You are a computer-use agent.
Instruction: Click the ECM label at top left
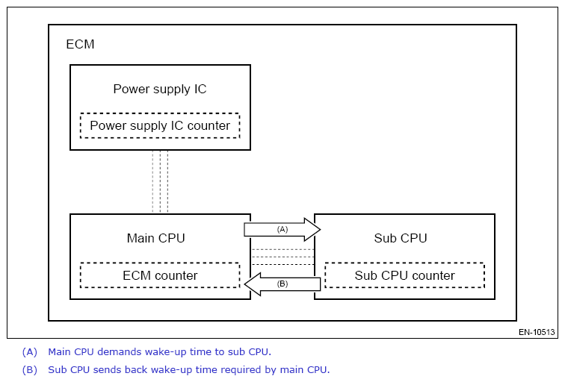point(81,44)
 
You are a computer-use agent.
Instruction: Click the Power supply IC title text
point(159,90)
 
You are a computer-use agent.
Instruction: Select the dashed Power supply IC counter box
point(160,125)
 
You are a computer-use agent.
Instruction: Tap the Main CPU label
point(155,239)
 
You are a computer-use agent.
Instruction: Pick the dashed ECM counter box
point(160,275)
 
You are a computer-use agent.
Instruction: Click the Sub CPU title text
point(400,239)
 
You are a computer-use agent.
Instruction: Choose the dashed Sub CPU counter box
point(404,275)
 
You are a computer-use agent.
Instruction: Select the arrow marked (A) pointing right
point(282,229)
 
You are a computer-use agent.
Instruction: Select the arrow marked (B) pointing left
point(283,284)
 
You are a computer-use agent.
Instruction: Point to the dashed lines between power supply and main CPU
point(160,181)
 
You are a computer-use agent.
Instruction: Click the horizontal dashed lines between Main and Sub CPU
point(282,257)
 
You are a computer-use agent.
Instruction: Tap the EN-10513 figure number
point(537,332)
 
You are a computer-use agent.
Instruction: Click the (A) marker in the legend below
point(29,351)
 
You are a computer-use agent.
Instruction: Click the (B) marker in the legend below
point(29,369)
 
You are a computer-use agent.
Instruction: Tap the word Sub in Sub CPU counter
point(367,275)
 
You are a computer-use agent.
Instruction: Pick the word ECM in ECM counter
point(137,275)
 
